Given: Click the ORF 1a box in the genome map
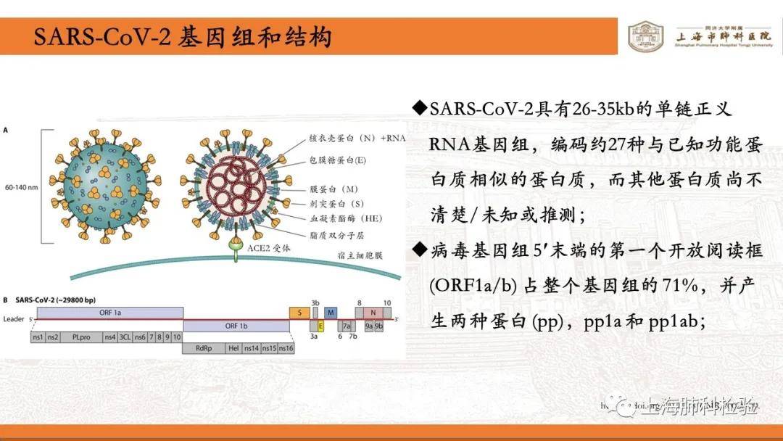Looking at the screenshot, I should pos(109,312).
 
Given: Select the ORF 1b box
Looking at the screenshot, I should pos(237,326).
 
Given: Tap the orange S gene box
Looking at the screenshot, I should pos(299,312).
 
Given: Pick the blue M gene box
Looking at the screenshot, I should pos(331,312).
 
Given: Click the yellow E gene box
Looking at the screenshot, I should pos(320,326).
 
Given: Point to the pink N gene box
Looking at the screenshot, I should pos(373,312).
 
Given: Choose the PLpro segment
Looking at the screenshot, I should pos(80,337).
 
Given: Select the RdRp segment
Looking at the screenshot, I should pos(204,349).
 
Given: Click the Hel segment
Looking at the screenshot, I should pos(233,349).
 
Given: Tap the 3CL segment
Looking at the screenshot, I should pos(125,337).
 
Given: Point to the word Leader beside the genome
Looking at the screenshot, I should pos(13,319).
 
